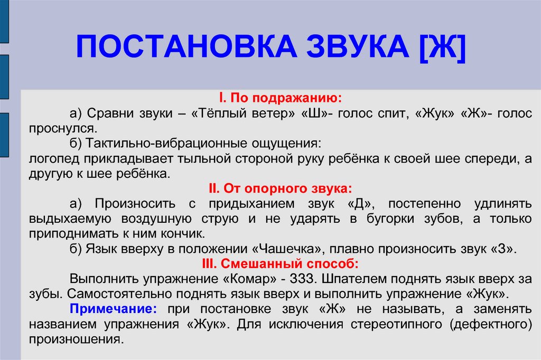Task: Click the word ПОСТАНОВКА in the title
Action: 186,46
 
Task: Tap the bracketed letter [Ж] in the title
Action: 443,47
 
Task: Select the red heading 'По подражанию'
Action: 280,98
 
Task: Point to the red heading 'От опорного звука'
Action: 280,188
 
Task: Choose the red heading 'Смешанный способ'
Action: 280,264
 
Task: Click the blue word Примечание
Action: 113,309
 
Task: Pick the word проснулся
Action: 63,129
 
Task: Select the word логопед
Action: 54,158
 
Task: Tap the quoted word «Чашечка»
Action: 290,249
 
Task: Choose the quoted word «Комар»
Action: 250,279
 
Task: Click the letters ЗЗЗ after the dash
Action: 303,279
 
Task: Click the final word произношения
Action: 76,339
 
